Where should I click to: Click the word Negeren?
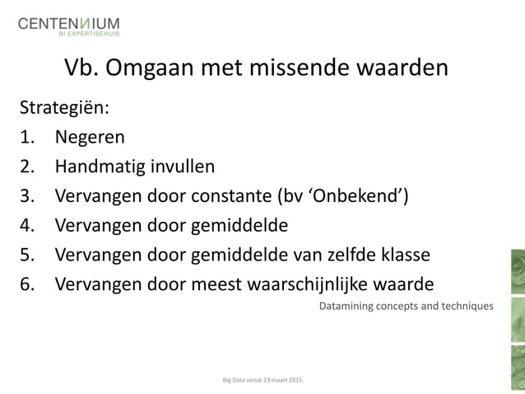(x=91, y=138)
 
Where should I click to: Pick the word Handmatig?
(x=100, y=167)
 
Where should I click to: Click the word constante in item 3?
(x=241, y=196)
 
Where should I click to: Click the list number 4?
(x=27, y=225)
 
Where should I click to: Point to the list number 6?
(x=27, y=284)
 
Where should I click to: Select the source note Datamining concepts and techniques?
(x=406, y=307)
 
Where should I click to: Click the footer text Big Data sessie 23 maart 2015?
(x=262, y=380)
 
